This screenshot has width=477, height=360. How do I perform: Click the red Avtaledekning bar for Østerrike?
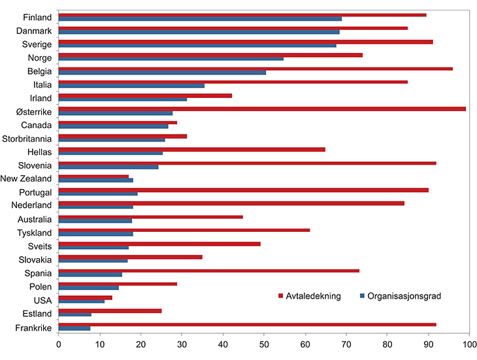[x=261, y=108]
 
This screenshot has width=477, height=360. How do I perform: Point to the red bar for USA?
[x=86, y=297]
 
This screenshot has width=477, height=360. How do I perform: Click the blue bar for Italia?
[x=131, y=86]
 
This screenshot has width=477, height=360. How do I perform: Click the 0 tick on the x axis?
[x=59, y=342]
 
